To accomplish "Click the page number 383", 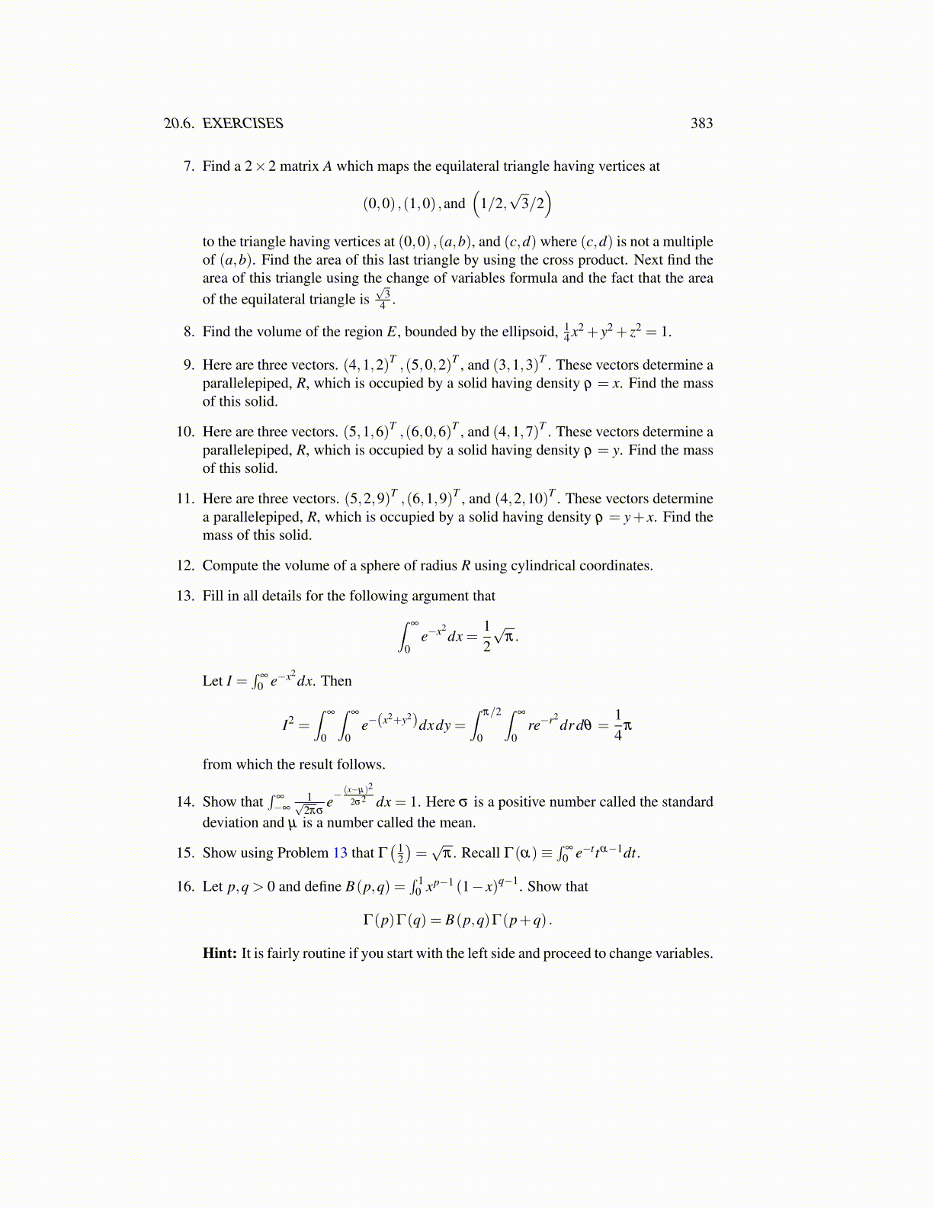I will tap(701, 124).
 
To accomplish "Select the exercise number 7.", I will tap(189, 166).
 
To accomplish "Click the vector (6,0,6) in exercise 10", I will tap(432, 432).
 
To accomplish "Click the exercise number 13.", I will tap(186, 596).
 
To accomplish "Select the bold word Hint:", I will tap(220, 953).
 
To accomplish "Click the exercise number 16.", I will tap(186, 887).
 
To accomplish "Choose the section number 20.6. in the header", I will tap(180, 124).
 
